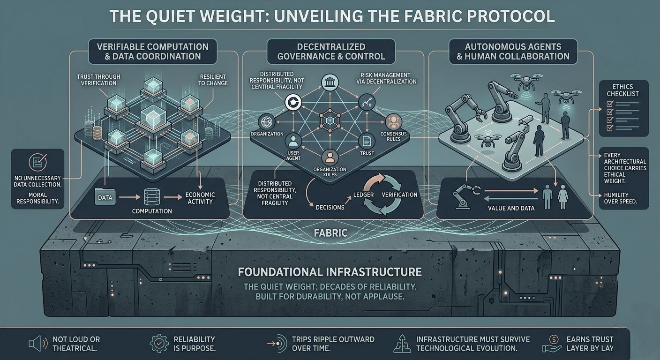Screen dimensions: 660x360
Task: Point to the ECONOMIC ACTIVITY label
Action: pos(200,198)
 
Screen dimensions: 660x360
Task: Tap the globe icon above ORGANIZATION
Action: pos(265,121)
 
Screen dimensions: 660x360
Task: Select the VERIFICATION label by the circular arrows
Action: pos(400,194)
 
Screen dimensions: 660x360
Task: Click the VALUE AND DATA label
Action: pos(511,208)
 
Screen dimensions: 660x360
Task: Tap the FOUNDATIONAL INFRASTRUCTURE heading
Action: pos(330,272)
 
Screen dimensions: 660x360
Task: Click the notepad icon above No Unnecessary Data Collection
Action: pos(36,162)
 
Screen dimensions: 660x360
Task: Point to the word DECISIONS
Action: pos(330,207)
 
